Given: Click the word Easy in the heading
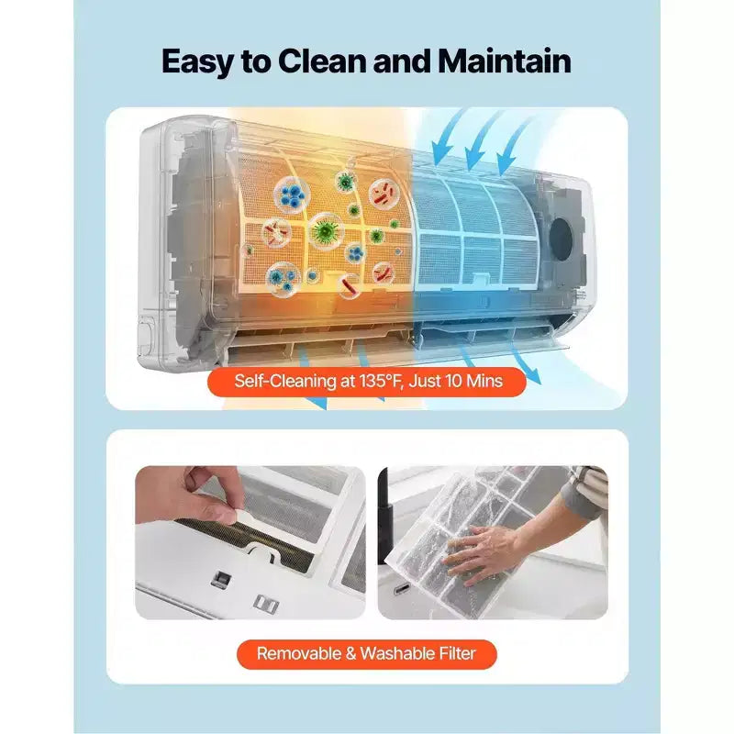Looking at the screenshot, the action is click(197, 61).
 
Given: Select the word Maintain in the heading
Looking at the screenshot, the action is click(505, 61).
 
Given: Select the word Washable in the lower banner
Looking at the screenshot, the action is click(395, 653).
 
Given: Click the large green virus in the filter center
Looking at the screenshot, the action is click(326, 230).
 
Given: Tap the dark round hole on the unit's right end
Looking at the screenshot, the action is click(561, 239).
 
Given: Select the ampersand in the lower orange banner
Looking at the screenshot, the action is click(350, 653).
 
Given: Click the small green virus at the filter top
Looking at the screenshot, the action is click(346, 182).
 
